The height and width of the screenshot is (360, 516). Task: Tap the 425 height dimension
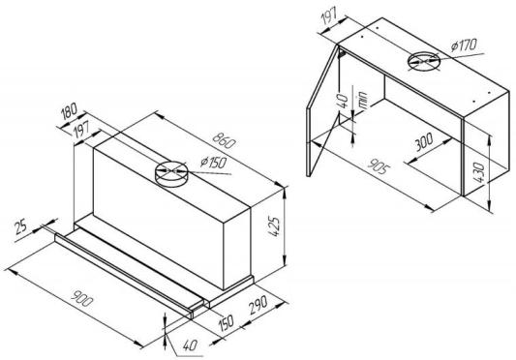click(274, 226)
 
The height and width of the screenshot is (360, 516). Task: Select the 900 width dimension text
click(82, 298)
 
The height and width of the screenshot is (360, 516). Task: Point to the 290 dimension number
click(258, 306)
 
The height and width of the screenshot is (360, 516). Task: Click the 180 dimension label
click(69, 111)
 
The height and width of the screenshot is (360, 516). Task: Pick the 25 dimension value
click(21, 227)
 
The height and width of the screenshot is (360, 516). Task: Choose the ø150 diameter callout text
click(213, 163)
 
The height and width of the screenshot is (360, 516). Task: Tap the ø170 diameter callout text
click(464, 45)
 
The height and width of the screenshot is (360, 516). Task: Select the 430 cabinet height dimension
click(480, 172)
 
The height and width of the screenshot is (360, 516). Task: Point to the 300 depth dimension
click(424, 142)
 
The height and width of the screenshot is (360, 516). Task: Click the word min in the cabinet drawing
click(363, 100)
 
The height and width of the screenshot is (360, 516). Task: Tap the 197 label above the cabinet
click(328, 17)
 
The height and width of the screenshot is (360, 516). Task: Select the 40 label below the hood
click(190, 345)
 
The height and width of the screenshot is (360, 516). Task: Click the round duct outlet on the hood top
click(170, 174)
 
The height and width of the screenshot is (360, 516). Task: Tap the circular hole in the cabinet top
click(424, 61)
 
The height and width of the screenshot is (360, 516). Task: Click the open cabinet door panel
click(322, 111)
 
